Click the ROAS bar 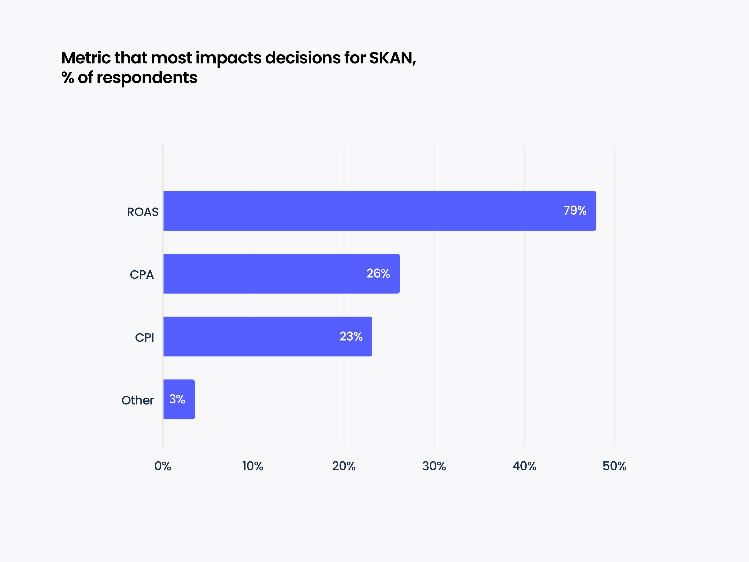pos(379,211)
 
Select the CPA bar pos(281,274)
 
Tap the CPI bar pos(267,336)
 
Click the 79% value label pos(575,210)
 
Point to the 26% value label pos(378,273)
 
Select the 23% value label pos(351,336)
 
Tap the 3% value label pos(177,399)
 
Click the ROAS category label pos(142,212)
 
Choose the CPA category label pos(142,275)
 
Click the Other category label pos(138,400)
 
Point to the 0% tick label pos(163,466)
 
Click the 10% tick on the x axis pos(253,466)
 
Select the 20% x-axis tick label pos(344,466)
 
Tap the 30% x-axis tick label pos(434,466)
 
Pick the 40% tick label pos(524,466)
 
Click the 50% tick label pos(614,466)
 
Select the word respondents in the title pos(147,78)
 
